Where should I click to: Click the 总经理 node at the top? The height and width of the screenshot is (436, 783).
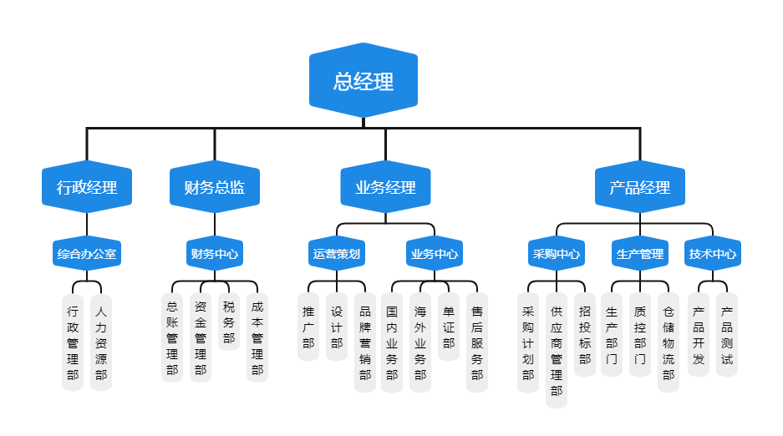click(364, 81)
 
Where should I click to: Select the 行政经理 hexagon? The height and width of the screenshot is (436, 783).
click(87, 187)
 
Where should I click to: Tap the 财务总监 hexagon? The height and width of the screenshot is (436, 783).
click(214, 187)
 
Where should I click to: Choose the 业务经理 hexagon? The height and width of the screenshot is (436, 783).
click(385, 187)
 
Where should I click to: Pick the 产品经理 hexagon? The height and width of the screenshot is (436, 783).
click(640, 187)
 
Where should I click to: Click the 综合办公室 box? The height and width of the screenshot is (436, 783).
click(87, 253)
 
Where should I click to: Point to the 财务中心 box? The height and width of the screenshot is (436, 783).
click(214, 253)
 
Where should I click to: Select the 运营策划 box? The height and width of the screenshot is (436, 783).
click(337, 253)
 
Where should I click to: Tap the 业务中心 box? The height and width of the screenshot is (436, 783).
click(434, 253)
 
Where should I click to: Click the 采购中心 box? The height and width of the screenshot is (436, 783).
click(557, 253)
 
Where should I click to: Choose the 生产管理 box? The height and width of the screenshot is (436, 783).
click(640, 253)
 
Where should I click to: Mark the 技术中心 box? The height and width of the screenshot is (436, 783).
click(713, 253)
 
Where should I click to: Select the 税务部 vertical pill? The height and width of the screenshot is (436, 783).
click(229, 322)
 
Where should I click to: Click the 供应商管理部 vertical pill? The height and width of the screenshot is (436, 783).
click(557, 350)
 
